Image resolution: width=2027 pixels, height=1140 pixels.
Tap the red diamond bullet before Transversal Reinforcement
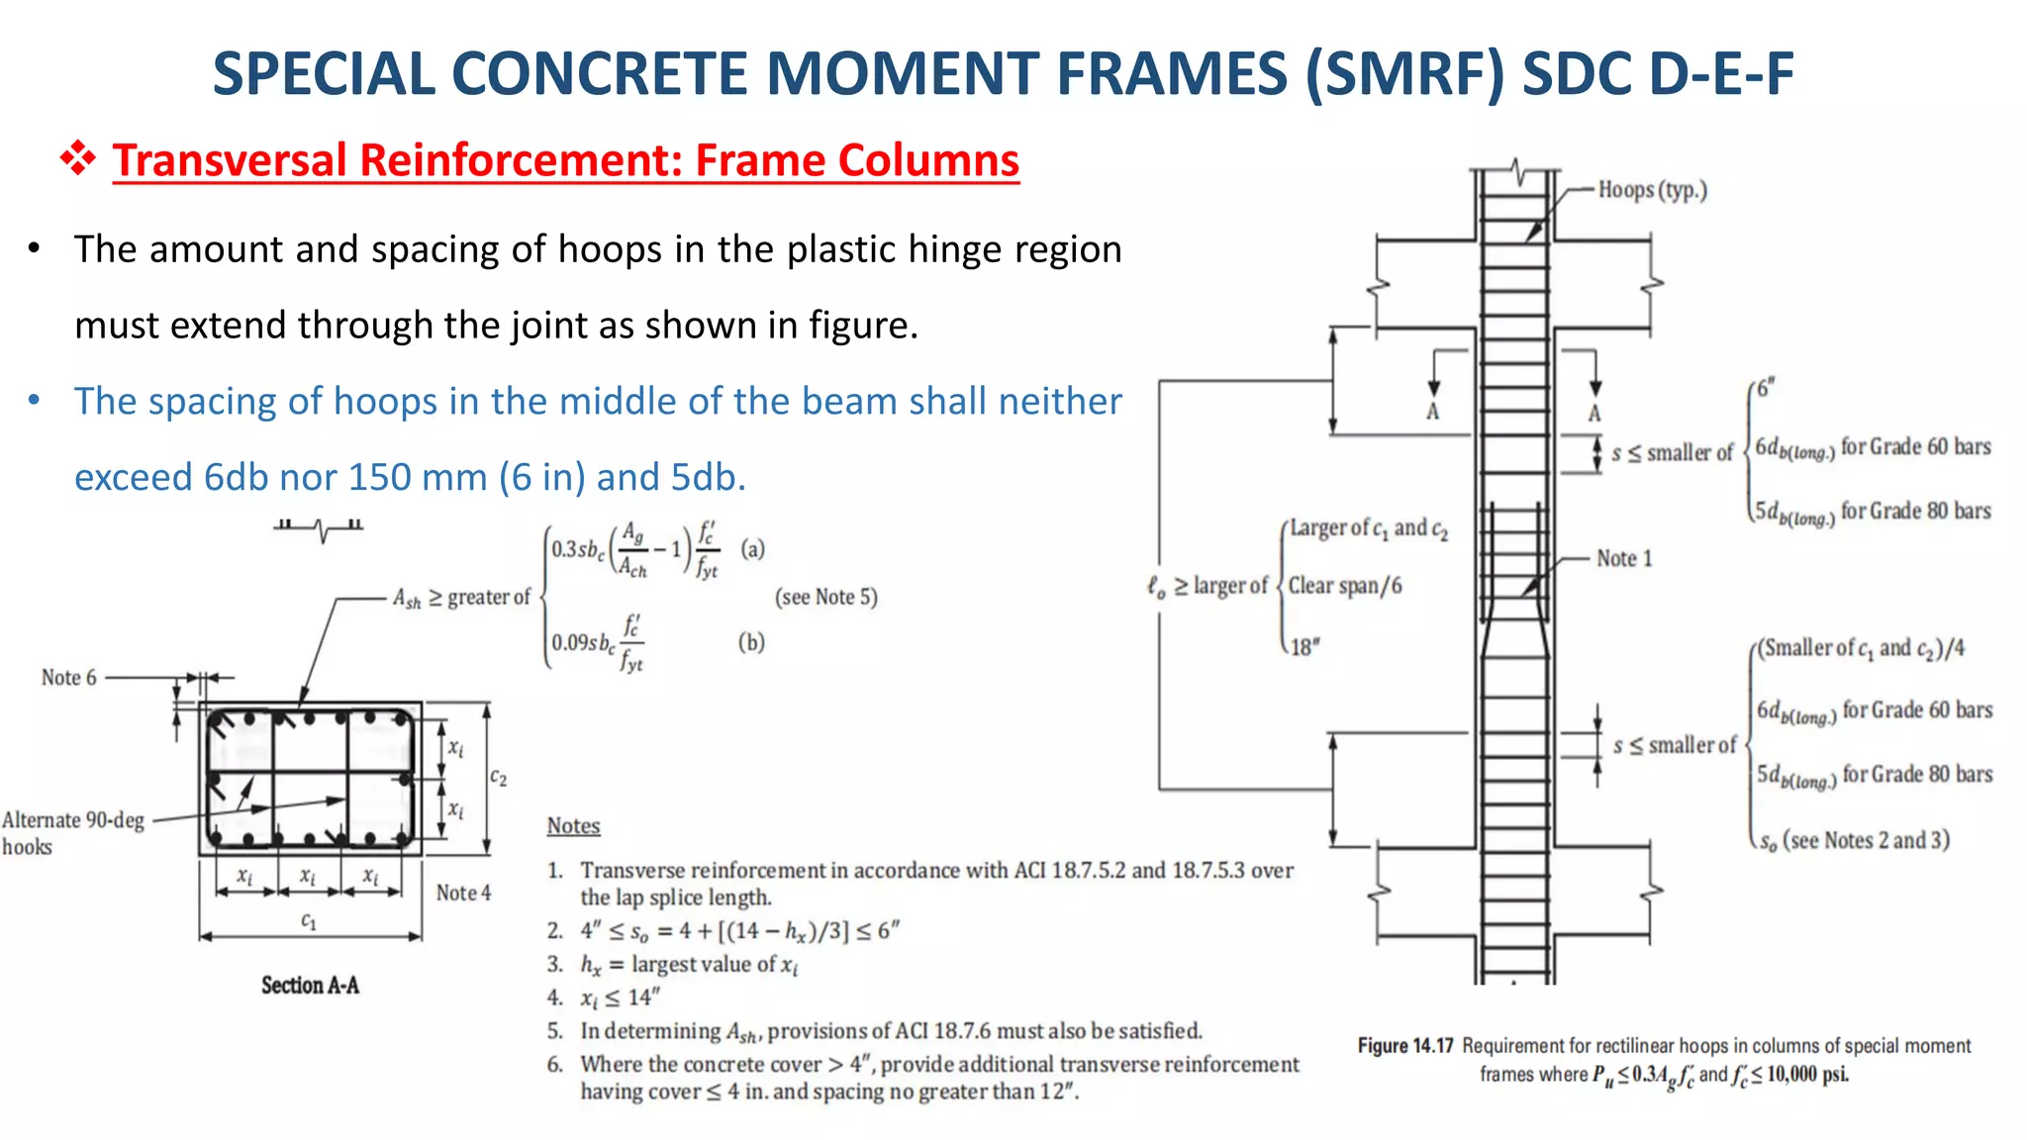tap(78, 158)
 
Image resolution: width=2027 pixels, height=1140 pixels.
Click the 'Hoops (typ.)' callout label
tap(1652, 189)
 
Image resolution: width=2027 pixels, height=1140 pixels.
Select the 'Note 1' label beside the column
tap(1623, 558)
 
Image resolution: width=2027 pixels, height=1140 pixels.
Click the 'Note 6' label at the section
tap(68, 678)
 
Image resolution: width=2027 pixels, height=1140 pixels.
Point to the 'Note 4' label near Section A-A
tap(463, 893)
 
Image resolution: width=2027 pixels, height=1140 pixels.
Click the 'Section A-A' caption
tap(310, 985)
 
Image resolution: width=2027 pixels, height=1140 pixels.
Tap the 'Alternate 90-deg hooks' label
tap(71, 832)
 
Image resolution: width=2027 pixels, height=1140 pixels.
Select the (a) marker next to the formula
tap(752, 548)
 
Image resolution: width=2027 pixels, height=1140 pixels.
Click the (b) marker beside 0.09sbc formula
tap(751, 642)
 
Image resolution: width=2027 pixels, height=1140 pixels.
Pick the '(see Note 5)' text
tap(825, 597)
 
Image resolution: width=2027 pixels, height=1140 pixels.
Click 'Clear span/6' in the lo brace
tap(1344, 586)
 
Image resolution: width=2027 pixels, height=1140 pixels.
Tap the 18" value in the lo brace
tap(1304, 647)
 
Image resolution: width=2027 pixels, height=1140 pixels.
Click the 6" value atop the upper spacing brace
tap(1766, 387)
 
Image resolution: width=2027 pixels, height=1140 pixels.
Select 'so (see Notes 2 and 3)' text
tap(1853, 840)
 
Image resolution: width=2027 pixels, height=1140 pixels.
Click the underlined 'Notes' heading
tap(573, 825)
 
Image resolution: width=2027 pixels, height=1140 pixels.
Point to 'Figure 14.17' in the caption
tap(1404, 1046)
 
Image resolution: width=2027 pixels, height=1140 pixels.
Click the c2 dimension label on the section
tap(498, 778)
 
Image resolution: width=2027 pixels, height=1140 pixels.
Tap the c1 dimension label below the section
tap(309, 921)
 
